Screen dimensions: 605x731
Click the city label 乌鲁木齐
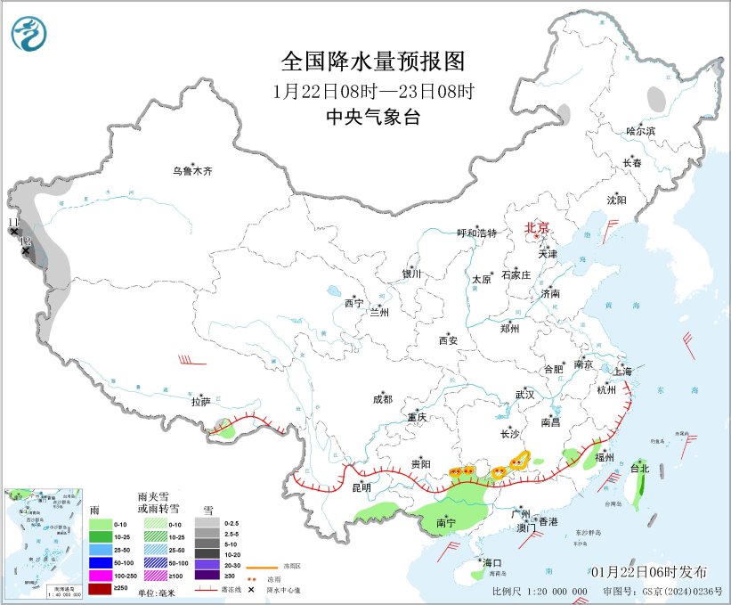[193, 170]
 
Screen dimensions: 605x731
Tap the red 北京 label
[538, 227]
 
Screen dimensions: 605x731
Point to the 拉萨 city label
[200, 402]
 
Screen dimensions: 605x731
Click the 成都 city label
[382, 400]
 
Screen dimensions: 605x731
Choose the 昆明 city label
[361, 486]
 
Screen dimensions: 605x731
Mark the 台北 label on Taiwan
[640, 467]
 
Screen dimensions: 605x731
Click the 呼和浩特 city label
[476, 233]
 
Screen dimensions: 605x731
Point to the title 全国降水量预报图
[373, 61]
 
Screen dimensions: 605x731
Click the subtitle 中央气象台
[373, 118]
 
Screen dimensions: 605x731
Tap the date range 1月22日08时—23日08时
[373, 90]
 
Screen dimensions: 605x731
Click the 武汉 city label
[524, 394]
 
